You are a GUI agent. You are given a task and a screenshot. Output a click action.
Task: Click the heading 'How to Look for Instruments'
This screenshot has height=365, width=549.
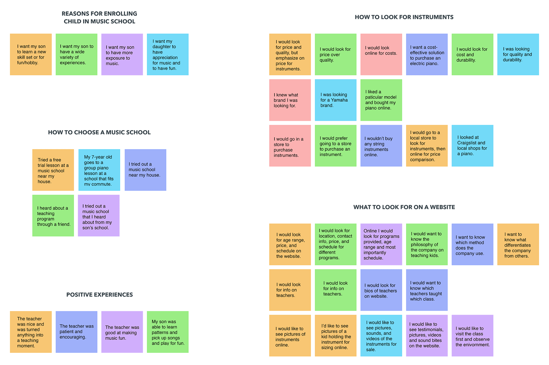(x=404, y=17)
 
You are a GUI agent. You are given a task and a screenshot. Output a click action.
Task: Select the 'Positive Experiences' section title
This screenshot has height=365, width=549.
(x=100, y=295)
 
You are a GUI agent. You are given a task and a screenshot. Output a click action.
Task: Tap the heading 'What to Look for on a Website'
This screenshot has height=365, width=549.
(x=404, y=207)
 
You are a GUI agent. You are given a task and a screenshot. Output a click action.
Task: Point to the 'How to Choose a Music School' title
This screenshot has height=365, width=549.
(x=99, y=132)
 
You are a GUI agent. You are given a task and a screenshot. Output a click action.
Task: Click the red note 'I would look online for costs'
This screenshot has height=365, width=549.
(x=381, y=54)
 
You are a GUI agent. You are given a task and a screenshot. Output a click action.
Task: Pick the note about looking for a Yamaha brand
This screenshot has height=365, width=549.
(x=335, y=100)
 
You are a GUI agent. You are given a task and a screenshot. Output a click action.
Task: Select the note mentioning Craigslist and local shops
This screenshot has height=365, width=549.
(x=472, y=146)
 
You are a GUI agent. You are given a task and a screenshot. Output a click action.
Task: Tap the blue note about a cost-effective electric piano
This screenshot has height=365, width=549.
(x=427, y=54)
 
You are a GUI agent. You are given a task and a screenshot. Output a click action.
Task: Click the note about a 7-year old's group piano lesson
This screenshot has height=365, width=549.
(x=99, y=170)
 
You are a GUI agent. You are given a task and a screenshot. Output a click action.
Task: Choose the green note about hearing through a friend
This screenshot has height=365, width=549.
(x=53, y=216)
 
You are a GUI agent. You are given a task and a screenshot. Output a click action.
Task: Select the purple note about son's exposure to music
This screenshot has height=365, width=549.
(x=122, y=54)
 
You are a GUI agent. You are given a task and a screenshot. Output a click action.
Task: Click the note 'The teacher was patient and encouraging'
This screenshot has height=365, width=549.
(x=76, y=332)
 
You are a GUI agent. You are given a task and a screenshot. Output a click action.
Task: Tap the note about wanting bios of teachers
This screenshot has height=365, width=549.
(x=381, y=290)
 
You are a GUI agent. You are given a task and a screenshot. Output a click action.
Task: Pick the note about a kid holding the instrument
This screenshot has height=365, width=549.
(x=335, y=336)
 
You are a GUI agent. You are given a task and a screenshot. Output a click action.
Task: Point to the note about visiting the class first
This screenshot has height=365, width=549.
(x=472, y=336)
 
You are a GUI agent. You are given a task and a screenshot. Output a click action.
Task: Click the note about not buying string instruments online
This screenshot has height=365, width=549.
(x=381, y=146)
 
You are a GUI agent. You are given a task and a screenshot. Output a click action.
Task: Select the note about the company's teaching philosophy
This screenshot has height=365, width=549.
(x=427, y=244)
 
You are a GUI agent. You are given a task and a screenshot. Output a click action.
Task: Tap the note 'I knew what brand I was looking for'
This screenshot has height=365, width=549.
(x=290, y=100)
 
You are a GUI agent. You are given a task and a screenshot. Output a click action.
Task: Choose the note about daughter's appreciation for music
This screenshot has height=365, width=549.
(x=168, y=54)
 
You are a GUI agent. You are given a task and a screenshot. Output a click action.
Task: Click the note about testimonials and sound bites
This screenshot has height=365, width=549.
(x=427, y=336)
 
